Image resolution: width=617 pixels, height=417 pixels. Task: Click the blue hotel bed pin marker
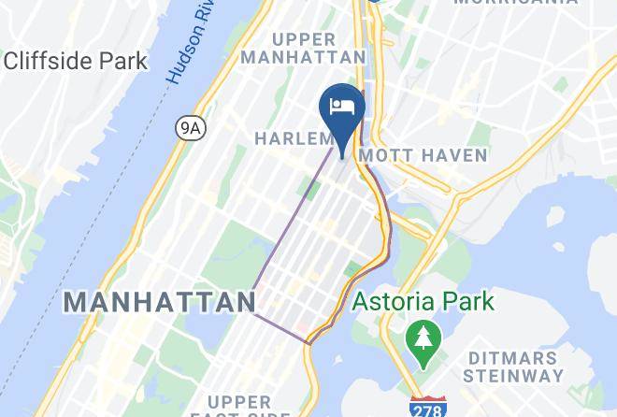tap(342, 111)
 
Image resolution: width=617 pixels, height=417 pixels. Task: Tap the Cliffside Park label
tap(76, 62)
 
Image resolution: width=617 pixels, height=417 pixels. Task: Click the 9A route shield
tap(191, 128)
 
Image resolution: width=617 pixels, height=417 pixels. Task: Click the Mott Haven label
tap(423, 155)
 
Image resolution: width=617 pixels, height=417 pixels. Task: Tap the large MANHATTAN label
tap(161, 302)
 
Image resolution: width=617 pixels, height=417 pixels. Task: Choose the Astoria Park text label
tap(423, 302)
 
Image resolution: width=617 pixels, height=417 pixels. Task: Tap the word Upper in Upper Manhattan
tap(303, 39)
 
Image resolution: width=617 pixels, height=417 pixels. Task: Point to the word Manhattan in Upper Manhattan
tap(303, 57)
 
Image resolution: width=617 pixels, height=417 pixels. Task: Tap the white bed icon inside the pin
tap(342, 105)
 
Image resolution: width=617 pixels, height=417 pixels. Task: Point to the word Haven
tap(456, 155)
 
